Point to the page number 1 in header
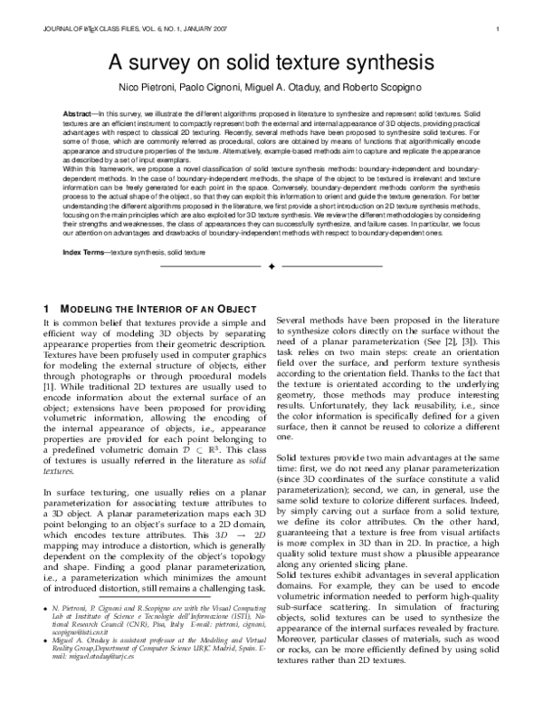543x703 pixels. pos(499,30)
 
